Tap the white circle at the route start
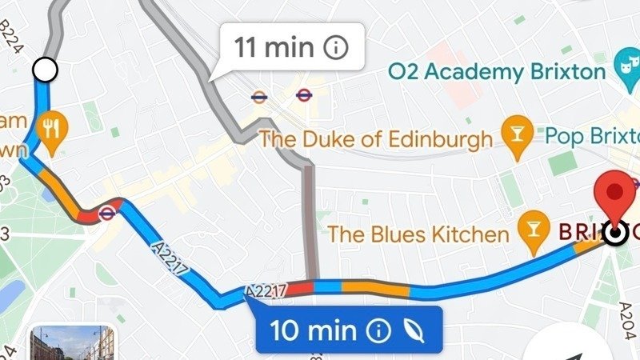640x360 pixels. (46, 70)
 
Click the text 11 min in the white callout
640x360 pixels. (274, 47)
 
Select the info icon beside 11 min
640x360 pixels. (336, 47)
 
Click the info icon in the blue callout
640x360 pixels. (378, 330)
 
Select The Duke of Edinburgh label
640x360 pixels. (377, 140)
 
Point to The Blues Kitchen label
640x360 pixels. (418, 234)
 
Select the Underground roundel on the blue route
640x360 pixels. (106, 213)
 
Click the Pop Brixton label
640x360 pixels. (592, 134)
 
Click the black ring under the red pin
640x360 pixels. (615, 233)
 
